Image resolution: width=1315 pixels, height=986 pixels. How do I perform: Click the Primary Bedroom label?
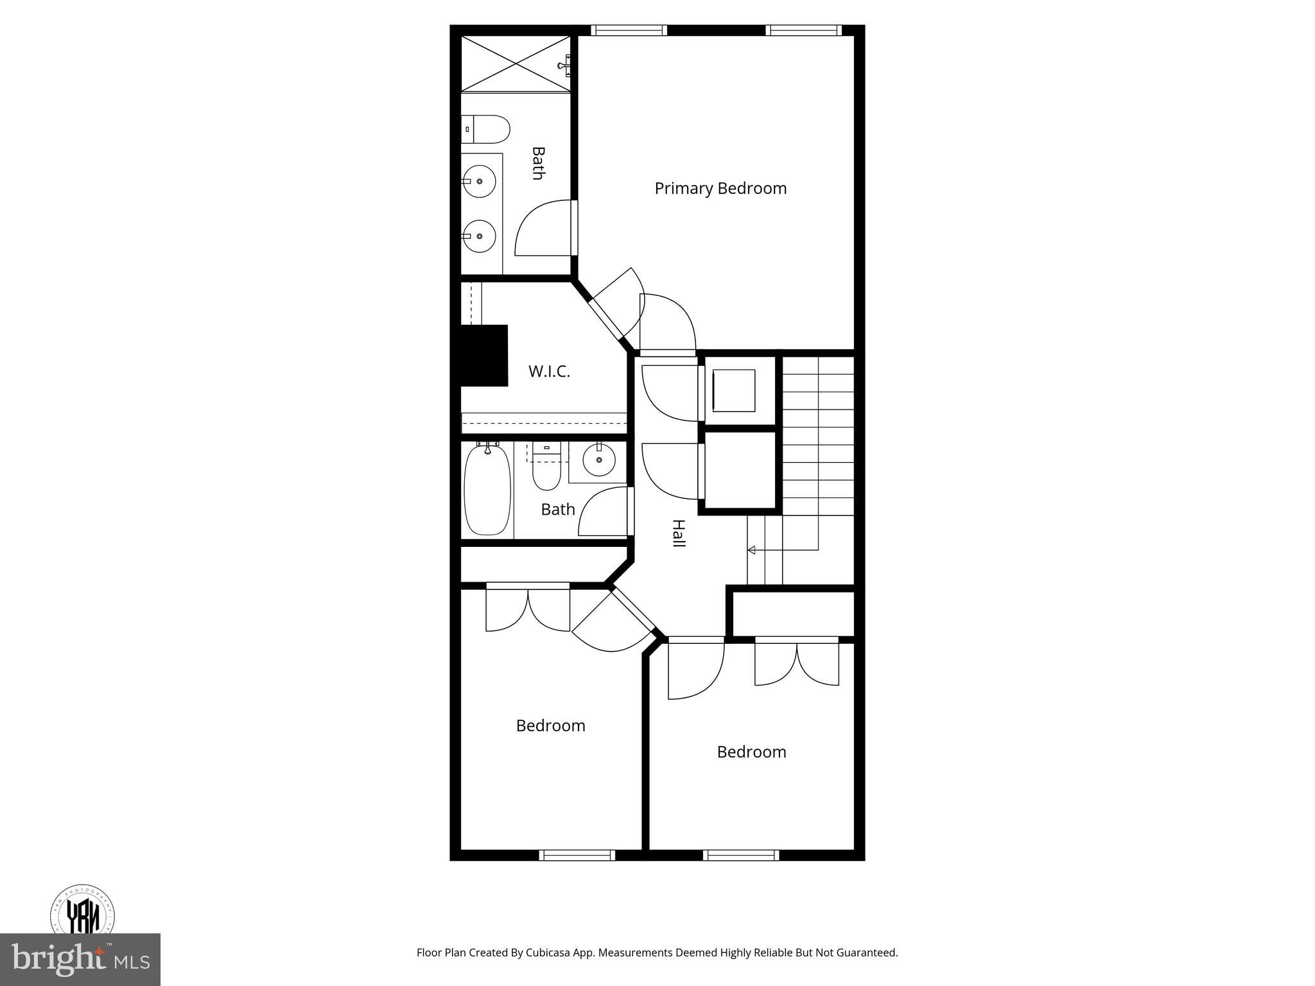[720, 188]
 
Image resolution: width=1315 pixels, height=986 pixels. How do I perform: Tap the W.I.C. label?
[549, 371]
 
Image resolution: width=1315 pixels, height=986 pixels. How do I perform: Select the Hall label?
[678, 533]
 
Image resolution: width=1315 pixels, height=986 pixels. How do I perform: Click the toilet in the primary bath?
[486, 130]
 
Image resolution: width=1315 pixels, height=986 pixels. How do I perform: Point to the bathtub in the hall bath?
[487, 489]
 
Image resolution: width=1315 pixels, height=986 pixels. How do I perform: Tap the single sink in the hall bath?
[599, 460]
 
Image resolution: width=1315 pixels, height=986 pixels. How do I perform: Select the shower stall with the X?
[516, 64]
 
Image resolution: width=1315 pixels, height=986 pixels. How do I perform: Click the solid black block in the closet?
[484, 356]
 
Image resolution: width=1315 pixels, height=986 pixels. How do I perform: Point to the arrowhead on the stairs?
[751, 550]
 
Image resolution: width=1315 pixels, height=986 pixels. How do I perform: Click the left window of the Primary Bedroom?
[629, 30]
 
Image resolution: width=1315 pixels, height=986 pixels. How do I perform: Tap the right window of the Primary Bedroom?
[803, 30]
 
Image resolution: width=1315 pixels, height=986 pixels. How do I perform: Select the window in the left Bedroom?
[577, 855]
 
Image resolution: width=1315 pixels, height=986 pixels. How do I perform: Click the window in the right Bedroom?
[741, 855]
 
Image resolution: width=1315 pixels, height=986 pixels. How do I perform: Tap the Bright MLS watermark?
[80, 958]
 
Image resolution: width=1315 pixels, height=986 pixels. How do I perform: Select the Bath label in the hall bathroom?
[558, 510]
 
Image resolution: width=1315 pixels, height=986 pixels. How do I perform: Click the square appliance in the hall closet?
[733, 390]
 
